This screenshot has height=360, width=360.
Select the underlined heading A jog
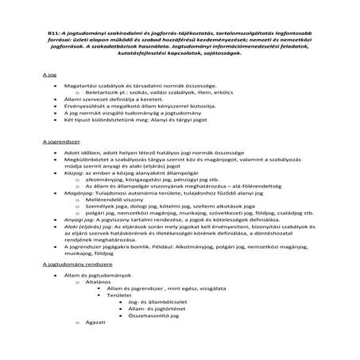pyautogui.click(x=48, y=75)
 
